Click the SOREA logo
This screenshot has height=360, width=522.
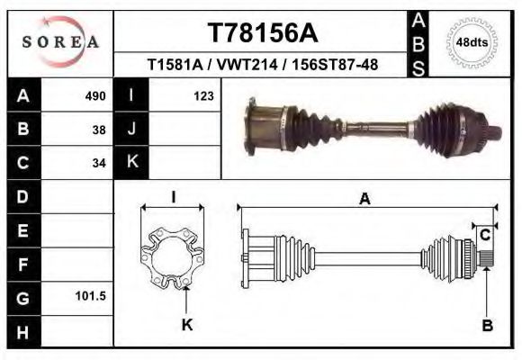pyautogui.click(x=60, y=41)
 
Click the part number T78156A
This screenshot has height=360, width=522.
pyautogui.click(x=262, y=33)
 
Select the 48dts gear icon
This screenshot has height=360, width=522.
pyautogui.click(x=472, y=41)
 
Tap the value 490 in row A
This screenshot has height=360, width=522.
pyautogui.click(x=94, y=95)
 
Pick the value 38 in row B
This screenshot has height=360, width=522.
pyautogui.click(x=98, y=129)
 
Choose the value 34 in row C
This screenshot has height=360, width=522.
pyautogui.click(x=98, y=163)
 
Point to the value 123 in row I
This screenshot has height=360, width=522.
pyautogui.click(x=202, y=95)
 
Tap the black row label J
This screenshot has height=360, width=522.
pyautogui.click(x=131, y=129)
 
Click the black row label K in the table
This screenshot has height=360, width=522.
pyautogui.click(x=131, y=162)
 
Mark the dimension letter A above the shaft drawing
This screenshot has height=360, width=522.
pyautogui.click(x=364, y=199)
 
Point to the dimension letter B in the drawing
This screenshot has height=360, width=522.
pyautogui.click(x=487, y=326)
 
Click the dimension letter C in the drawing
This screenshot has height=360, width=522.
pyautogui.click(x=485, y=235)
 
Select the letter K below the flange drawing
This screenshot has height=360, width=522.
pyautogui.click(x=187, y=325)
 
